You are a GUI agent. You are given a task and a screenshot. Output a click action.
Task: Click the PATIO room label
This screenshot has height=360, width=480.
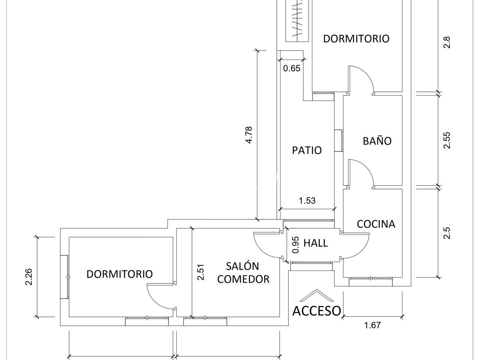[x=307, y=150]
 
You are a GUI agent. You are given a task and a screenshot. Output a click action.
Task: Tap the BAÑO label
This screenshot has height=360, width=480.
[x=377, y=141]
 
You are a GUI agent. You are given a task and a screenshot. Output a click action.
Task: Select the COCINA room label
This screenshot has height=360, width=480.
[x=376, y=224]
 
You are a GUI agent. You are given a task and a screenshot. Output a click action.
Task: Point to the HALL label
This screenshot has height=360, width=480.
[x=315, y=243]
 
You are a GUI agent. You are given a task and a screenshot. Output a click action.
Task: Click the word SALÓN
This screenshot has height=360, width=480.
[x=242, y=266]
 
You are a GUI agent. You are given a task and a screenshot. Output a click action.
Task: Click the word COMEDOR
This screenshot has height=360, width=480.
[x=243, y=279]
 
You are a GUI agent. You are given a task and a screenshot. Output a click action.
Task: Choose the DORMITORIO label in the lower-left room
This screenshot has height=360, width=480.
[x=119, y=274]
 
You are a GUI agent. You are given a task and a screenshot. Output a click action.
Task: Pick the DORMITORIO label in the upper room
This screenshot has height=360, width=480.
[x=356, y=39]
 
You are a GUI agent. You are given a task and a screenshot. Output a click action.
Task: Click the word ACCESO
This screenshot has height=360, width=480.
[x=316, y=310]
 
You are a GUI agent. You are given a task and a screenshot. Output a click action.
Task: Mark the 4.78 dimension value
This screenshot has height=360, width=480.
[x=249, y=135]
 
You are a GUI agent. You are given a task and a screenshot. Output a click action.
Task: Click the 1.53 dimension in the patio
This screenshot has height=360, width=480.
[x=307, y=201]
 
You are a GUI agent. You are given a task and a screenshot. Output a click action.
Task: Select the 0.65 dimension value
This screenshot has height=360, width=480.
[x=292, y=68]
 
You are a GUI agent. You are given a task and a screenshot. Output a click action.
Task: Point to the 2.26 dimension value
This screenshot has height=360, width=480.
[x=29, y=277]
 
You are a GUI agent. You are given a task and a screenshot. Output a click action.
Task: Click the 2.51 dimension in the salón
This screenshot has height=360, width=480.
[x=201, y=272]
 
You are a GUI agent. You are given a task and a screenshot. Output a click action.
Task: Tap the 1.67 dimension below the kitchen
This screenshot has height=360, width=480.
[x=372, y=325]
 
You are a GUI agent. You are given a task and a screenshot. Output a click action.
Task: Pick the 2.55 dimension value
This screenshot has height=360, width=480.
[x=447, y=140]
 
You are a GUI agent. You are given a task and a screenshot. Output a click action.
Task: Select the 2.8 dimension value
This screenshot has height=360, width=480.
[x=447, y=42]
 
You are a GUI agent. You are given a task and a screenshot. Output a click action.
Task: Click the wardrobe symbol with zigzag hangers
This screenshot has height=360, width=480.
[x=297, y=21]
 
